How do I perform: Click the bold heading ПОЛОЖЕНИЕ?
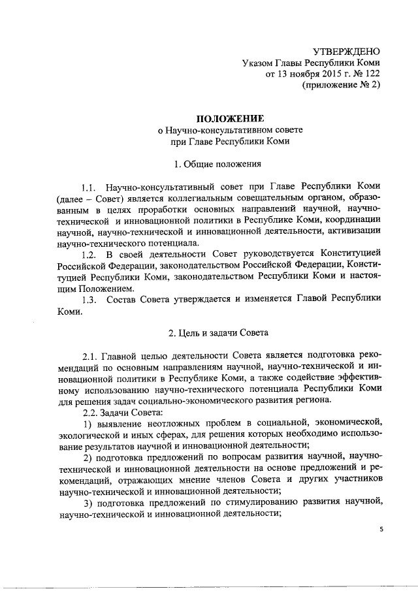pyautogui.click(x=227, y=118)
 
